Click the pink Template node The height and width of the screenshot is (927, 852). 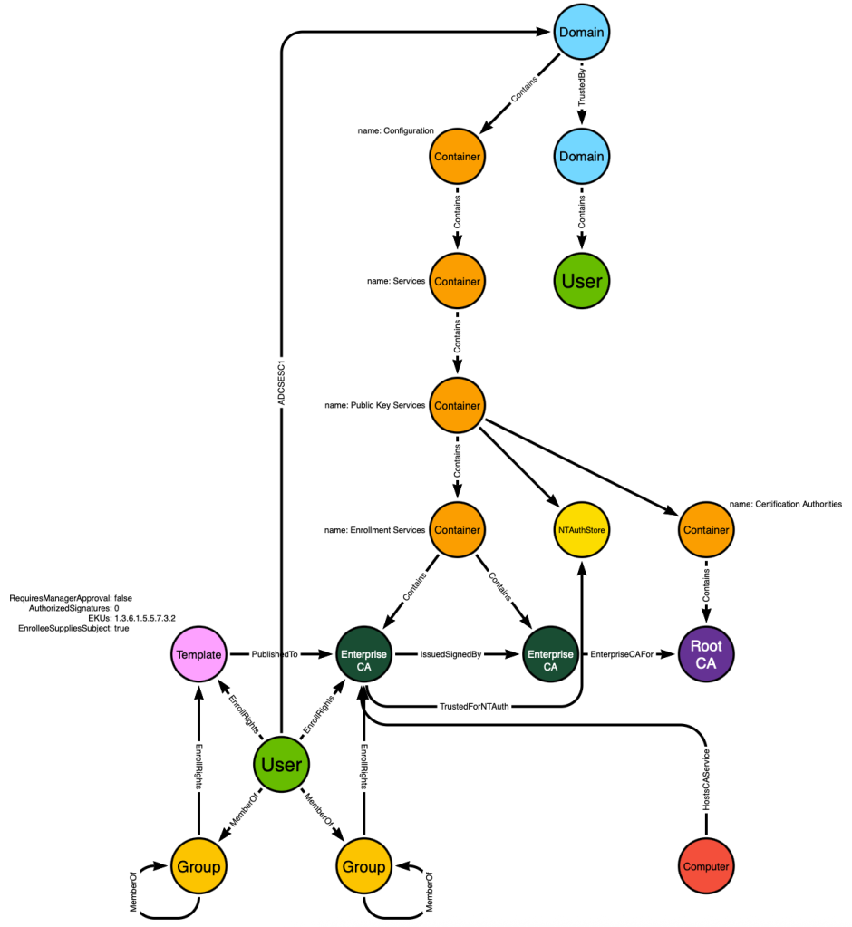[x=198, y=654]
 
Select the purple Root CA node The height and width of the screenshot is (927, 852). [x=706, y=654]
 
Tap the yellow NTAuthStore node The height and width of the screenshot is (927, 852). [x=582, y=530]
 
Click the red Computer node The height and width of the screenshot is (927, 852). [x=706, y=866]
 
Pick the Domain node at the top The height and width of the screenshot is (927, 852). [x=582, y=32]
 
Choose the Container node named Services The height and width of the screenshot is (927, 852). [x=457, y=281]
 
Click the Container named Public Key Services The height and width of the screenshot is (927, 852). [x=457, y=406]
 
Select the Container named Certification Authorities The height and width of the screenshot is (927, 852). [x=706, y=530]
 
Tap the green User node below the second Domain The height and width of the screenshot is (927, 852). [x=582, y=281]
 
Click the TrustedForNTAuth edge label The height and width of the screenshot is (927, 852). [x=474, y=706]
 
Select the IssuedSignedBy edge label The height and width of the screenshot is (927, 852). [x=450, y=654]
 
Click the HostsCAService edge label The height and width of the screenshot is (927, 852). [x=706, y=780]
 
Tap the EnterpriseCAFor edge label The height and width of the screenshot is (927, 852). [x=622, y=654]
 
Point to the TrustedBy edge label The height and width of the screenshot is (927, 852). [x=582, y=87]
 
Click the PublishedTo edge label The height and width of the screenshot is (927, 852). [x=275, y=654]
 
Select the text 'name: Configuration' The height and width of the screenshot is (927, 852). [x=395, y=130]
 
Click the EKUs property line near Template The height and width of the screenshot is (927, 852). [x=131, y=618]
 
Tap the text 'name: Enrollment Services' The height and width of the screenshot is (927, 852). [x=375, y=530]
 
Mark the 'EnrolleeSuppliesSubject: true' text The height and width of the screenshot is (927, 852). [x=73, y=628]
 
